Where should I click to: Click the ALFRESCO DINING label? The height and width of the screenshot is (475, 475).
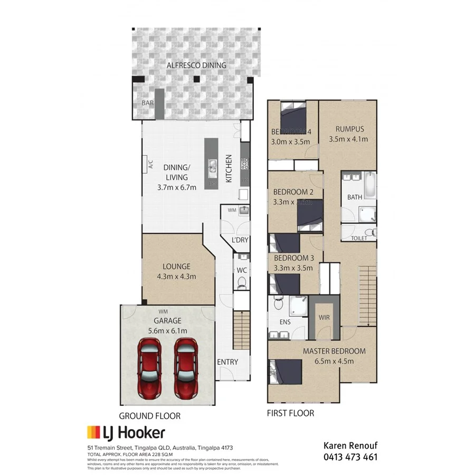(x=196, y=65)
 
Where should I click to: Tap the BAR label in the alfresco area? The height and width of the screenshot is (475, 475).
(x=147, y=103)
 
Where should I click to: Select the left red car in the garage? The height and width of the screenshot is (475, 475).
(x=150, y=367)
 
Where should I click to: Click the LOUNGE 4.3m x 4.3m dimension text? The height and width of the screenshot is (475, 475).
(x=176, y=277)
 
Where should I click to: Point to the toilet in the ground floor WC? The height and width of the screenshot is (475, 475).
(x=242, y=284)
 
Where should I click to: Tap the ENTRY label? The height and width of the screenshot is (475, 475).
(x=227, y=362)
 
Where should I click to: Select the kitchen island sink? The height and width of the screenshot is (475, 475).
(x=212, y=168)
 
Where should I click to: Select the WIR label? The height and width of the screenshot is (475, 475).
(x=324, y=318)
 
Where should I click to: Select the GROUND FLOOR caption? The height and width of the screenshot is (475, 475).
(x=149, y=416)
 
